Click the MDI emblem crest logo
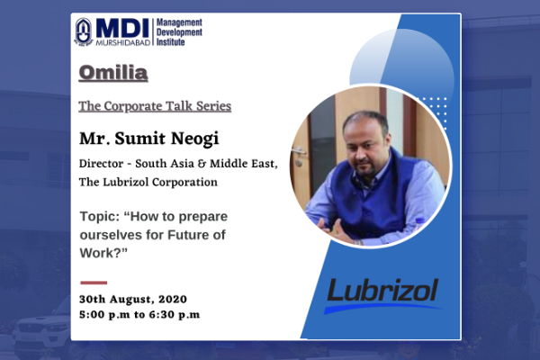[84, 31]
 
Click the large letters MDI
[122, 28]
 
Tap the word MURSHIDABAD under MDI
[123, 42]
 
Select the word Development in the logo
[179, 32]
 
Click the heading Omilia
[113, 73]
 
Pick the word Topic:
[100, 217]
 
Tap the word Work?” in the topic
[103, 253]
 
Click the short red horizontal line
[94, 283]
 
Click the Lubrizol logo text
[382, 290]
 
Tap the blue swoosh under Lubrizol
[382, 308]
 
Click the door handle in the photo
[298, 151]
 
